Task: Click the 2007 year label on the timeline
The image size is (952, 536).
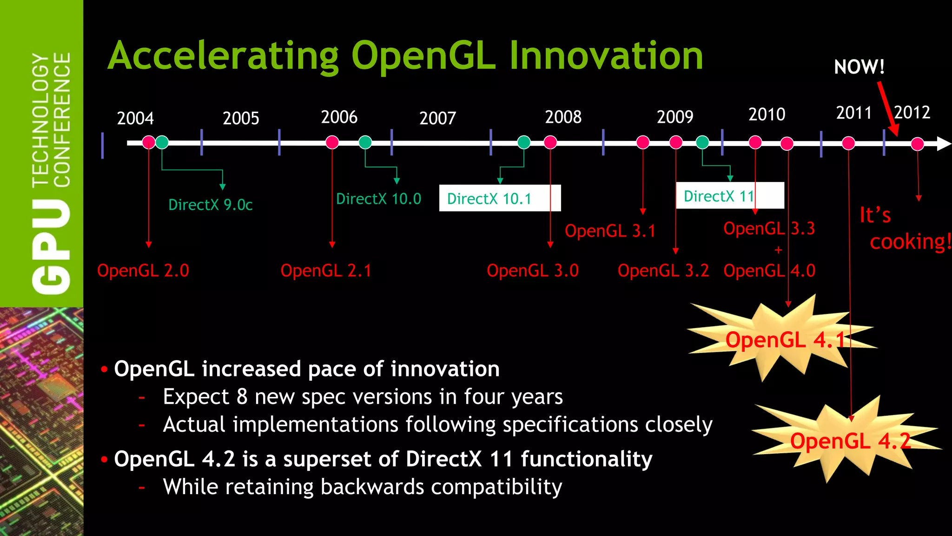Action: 437,118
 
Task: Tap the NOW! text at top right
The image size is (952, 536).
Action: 859,67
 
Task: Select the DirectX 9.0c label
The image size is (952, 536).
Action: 210,205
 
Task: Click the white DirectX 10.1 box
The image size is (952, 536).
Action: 499,199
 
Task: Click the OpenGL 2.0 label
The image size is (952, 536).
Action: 143,270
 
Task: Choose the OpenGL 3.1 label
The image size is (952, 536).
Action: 610,231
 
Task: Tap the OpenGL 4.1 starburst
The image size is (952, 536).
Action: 785,340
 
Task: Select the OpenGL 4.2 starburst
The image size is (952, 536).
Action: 850,441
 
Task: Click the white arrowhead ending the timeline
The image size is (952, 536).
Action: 943,143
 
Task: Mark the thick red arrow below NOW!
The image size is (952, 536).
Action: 888,109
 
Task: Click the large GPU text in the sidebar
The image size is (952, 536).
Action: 51,247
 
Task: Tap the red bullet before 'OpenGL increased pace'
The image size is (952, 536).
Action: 104,369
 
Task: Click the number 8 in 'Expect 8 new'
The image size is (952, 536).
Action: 242,397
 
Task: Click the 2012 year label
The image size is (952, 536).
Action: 912,113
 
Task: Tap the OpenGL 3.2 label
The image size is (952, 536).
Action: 663,270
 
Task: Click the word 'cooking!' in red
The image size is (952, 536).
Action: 910,242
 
